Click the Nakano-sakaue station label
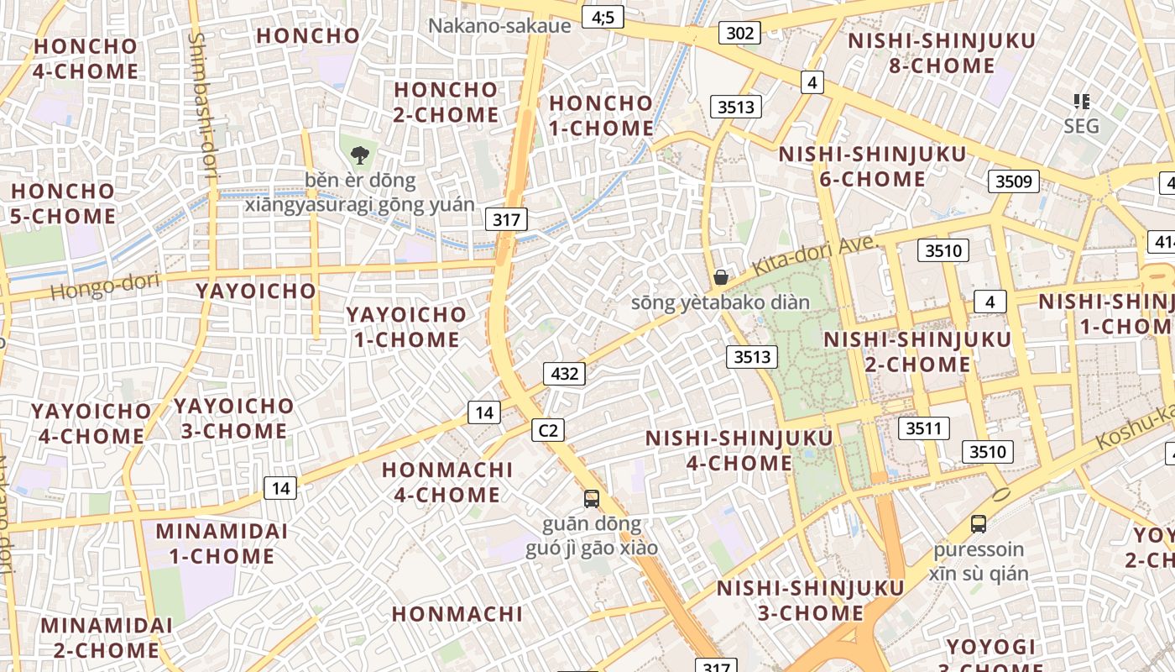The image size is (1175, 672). [499, 25]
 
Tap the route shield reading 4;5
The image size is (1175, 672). [603, 16]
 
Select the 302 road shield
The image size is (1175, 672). [739, 33]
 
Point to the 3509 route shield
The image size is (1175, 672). [1014, 181]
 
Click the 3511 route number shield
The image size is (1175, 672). [923, 428]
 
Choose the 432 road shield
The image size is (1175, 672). [564, 373]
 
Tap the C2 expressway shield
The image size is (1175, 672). [547, 431]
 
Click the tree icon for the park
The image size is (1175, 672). [360, 155]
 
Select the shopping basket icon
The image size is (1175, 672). [720, 277]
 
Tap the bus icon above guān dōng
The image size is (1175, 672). [592, 499]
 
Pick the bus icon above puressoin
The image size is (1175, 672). [978, 524]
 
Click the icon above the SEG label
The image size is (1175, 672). [1081, 102]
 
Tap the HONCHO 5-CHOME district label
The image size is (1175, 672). [63, 203]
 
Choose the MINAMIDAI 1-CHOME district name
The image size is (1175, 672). [222, 543]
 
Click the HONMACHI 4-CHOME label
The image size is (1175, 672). [447, 481]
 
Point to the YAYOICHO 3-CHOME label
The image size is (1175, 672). [234, 418]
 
